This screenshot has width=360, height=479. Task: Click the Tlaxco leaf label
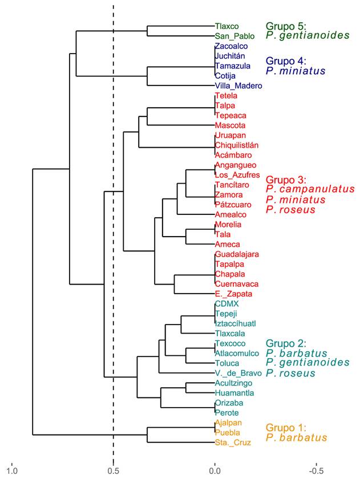[x=226, y=26]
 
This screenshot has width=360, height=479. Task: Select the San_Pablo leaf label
[x=231, y=35]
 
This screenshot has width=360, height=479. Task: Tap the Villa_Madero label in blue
[x=238, y=86]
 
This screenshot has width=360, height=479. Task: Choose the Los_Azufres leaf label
[x=237, y=174]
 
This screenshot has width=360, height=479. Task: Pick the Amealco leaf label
[x=230, y=214]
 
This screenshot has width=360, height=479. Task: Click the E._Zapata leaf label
[x=229, y=294]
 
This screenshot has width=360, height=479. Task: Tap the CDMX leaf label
[x=226, y=304]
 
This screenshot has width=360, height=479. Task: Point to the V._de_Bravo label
[x=238, y=373]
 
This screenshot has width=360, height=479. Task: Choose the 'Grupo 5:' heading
[x=286, y=26]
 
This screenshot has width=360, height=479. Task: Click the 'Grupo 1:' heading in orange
[x=286, y=428]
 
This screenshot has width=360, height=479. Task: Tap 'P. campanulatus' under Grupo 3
[x=310, y=189]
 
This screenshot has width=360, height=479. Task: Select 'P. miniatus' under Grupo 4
[x=296, y=71]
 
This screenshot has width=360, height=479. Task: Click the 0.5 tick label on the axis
[x=113, y=471]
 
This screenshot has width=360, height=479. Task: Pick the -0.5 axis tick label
[x=315, y=471]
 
